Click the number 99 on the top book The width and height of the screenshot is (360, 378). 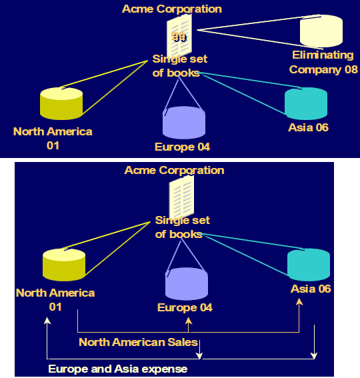click(179, 37)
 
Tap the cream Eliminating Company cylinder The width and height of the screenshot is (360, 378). click(321, 31)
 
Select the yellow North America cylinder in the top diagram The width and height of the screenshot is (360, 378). click(61, 103)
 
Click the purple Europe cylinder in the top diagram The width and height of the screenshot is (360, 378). click(184, 123)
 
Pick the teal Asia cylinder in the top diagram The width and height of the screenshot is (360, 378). click(306, 103)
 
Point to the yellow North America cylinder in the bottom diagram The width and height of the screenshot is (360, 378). click(64, 265)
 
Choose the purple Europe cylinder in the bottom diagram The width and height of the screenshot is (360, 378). click(187, 284)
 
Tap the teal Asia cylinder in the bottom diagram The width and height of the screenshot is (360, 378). click(309, 265)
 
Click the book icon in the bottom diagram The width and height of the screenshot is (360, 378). click(181, 197)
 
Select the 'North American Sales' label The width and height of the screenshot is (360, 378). click(138, 342)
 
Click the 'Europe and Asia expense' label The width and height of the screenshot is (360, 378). click(118, 369)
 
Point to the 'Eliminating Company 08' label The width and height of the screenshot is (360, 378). click(323, 62)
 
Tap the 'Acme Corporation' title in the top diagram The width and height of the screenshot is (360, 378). click(172, 9)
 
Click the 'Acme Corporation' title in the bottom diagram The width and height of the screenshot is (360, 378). click(175, 171)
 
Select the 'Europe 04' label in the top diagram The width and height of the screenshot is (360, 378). click(182, 147)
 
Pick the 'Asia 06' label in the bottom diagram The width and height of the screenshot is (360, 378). click(311, 289)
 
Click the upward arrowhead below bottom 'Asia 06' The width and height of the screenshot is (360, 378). click(299, 302)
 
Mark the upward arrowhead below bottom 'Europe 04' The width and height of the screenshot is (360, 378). click(189, 321)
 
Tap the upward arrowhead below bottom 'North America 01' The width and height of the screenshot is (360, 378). click(47, 321)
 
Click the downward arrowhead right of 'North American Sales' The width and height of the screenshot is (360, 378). click(199, 355)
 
